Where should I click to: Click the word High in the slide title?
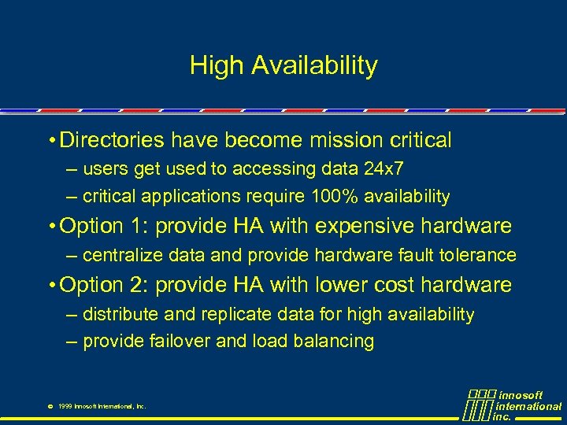[216, 66]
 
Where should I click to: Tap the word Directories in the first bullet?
[110, 141]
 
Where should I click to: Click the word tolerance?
[480, 256]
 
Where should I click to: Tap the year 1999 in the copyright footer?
[66, 407]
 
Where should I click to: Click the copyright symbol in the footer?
[50, 407]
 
